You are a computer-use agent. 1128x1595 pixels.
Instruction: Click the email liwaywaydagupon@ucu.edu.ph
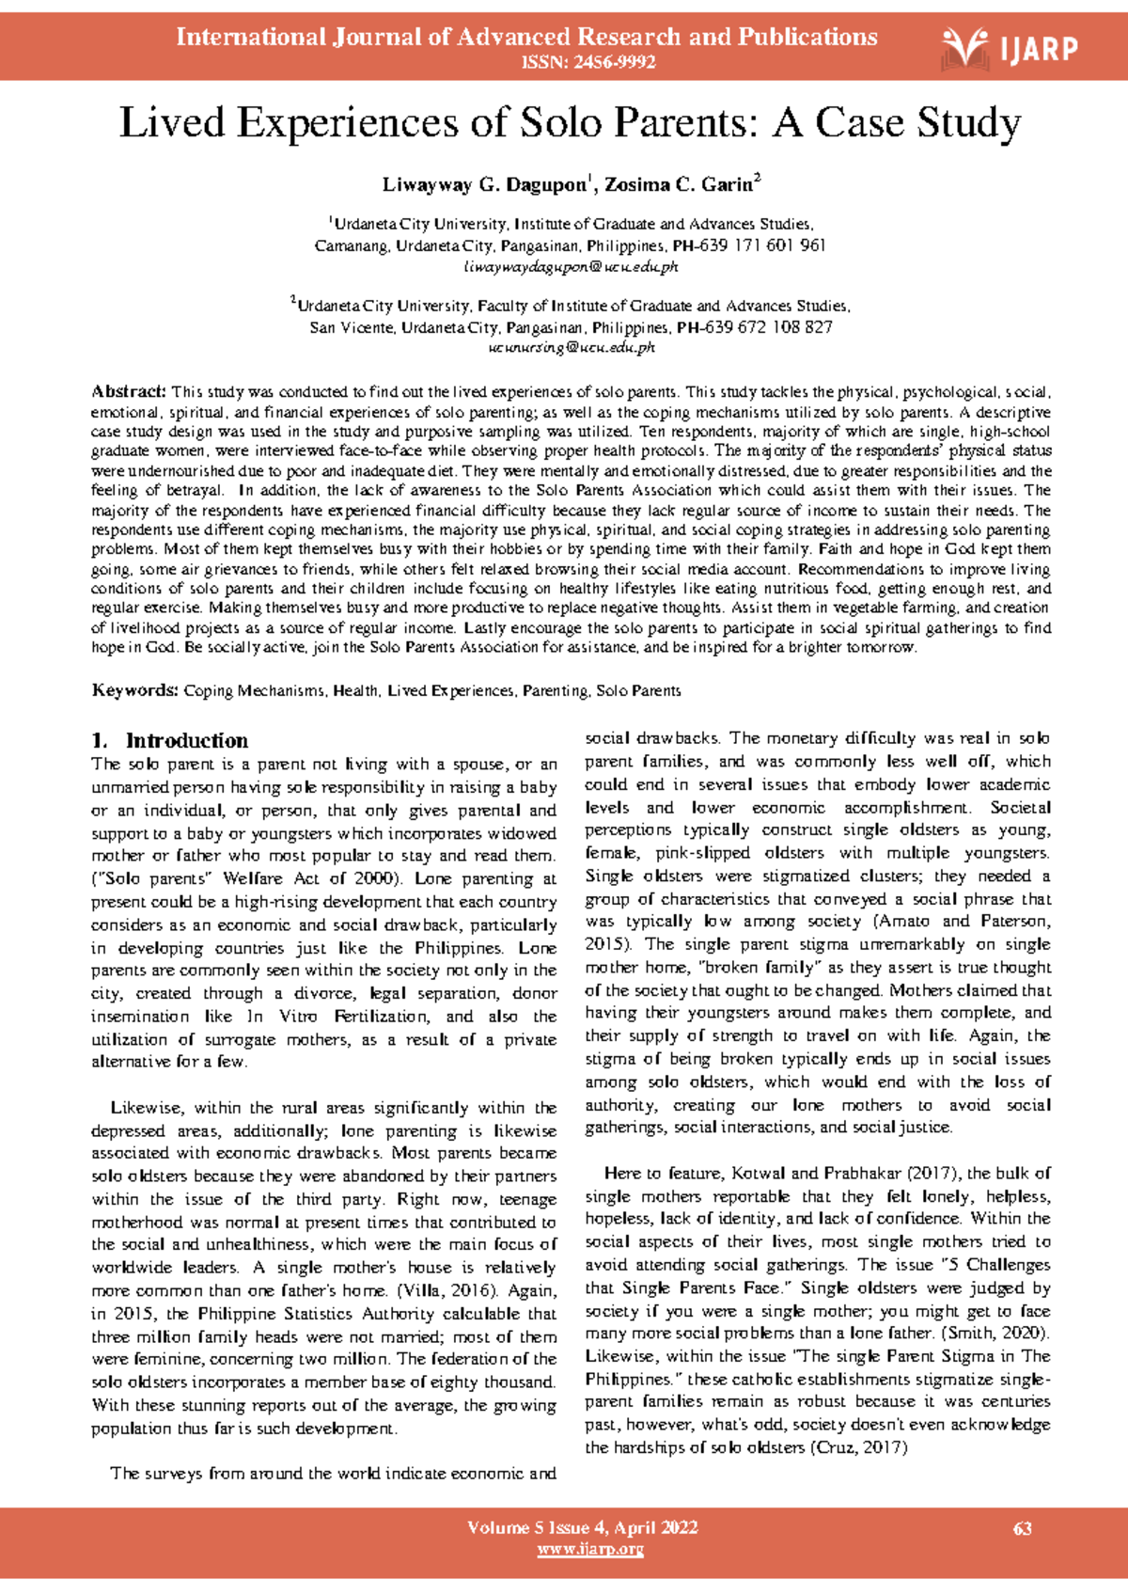(x=572, y=267)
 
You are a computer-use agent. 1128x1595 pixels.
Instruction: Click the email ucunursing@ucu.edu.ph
(x=572, y=348)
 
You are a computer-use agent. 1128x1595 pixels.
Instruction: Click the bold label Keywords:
(x=134, y=690)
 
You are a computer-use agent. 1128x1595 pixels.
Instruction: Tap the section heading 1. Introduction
(x=170, y=740)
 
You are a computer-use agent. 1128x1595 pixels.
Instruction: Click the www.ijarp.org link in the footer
(x=589, y=1549)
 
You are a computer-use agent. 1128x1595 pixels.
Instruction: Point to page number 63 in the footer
(x=1023, y=1528)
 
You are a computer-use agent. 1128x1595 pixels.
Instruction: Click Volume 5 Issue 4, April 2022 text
(x=583, y=1527)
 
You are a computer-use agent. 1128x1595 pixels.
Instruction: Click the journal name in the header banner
(x=526, y=38)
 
